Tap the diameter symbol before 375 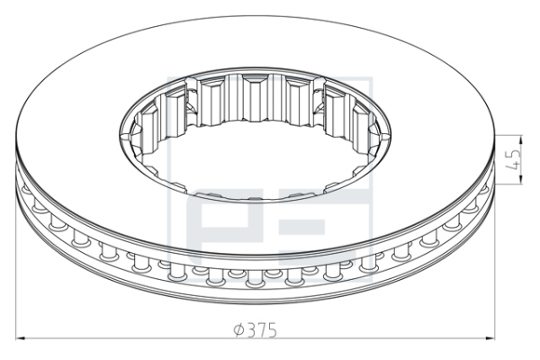pos(239,330)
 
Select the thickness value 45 pos(513,159)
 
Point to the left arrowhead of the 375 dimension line pos(21,338)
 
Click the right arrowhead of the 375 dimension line pos(490,338)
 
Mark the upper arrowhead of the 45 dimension pos(520,139)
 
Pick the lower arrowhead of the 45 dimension pos(520,179)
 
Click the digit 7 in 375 pos(263,330)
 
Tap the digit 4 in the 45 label pos(513,166)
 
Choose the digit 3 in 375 pos(252,330)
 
